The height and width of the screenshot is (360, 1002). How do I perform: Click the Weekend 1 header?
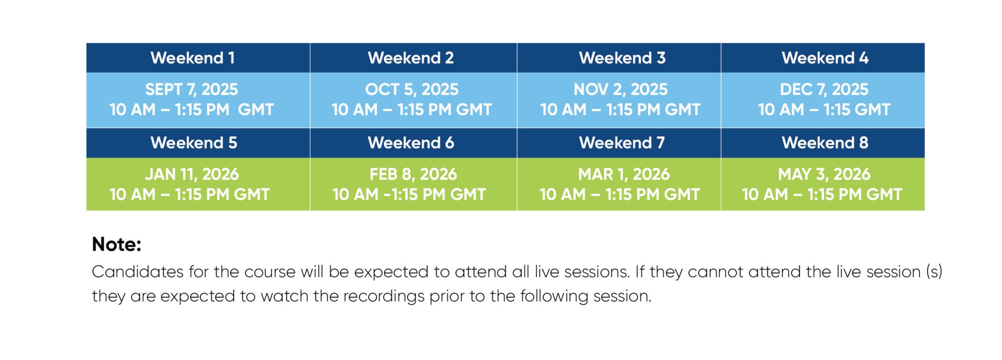pos(193,58)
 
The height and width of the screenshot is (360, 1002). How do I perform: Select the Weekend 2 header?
pos(411,58)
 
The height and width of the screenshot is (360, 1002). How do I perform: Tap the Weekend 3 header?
pos(622,58)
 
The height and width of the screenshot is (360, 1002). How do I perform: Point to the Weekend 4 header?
pos(825,58)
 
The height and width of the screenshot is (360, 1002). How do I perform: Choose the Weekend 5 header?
pos(194,143)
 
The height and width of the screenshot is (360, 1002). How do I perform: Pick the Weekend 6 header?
pos(411,143)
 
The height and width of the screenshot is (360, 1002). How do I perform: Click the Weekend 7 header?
pos(622,143)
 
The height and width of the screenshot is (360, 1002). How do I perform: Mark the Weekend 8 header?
pos(825,143)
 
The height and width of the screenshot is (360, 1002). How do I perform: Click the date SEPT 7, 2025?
pos(192,90)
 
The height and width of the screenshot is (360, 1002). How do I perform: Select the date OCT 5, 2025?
pos(412,90)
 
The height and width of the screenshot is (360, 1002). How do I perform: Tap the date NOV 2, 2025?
pos(621,90)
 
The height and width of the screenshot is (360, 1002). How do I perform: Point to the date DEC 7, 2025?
pos(824,90)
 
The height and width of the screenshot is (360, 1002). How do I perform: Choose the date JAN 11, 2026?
pos(192,174)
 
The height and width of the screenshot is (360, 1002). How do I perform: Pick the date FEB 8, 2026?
pos(413,174)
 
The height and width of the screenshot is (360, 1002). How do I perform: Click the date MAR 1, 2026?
pos(624,174)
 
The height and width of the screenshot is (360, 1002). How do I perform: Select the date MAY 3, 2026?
pos(824,174)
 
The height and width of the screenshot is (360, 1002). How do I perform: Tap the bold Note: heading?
pos(116,245)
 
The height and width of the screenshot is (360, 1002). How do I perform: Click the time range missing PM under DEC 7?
pos(824,110)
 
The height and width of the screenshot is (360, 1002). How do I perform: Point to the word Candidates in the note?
pos(138,272)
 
